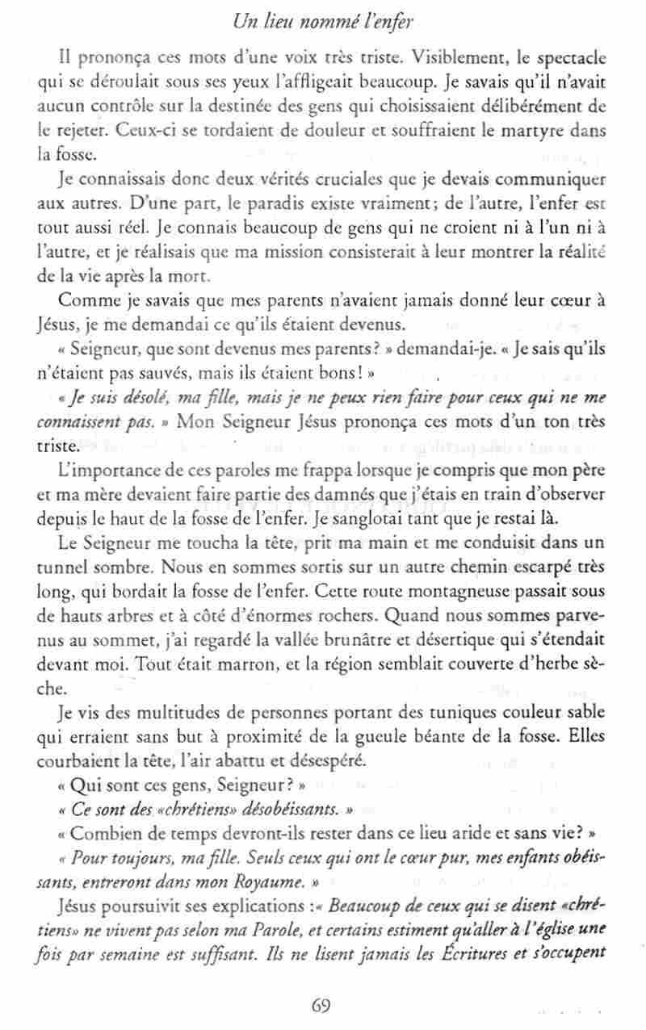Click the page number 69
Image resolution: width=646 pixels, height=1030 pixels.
tap(321, 1004)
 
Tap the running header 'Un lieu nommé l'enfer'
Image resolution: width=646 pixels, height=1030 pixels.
tap(322, 23)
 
